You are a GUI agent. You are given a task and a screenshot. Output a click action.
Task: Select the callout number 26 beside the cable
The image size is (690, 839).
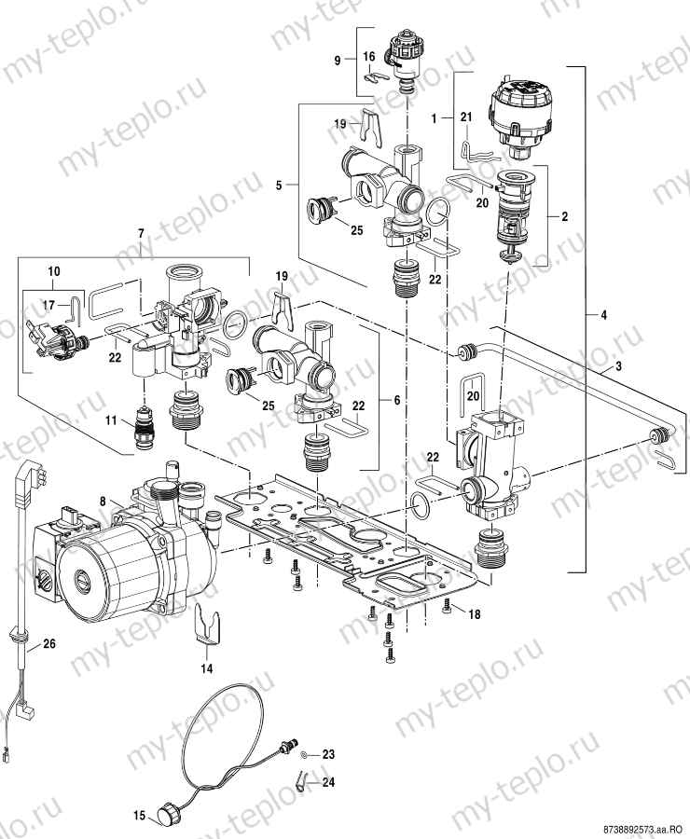49,642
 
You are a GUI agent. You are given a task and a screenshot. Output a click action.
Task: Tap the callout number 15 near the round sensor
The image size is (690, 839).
138,816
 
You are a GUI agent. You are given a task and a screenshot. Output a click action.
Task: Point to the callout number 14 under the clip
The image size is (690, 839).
206,668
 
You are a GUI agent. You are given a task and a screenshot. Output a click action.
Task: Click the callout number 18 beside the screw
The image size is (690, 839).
475,614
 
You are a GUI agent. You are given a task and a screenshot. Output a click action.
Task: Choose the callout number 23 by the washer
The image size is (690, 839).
328,752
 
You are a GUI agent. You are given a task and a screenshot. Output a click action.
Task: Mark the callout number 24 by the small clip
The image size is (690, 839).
328,784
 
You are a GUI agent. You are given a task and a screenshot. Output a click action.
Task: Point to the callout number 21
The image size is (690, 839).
466,115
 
